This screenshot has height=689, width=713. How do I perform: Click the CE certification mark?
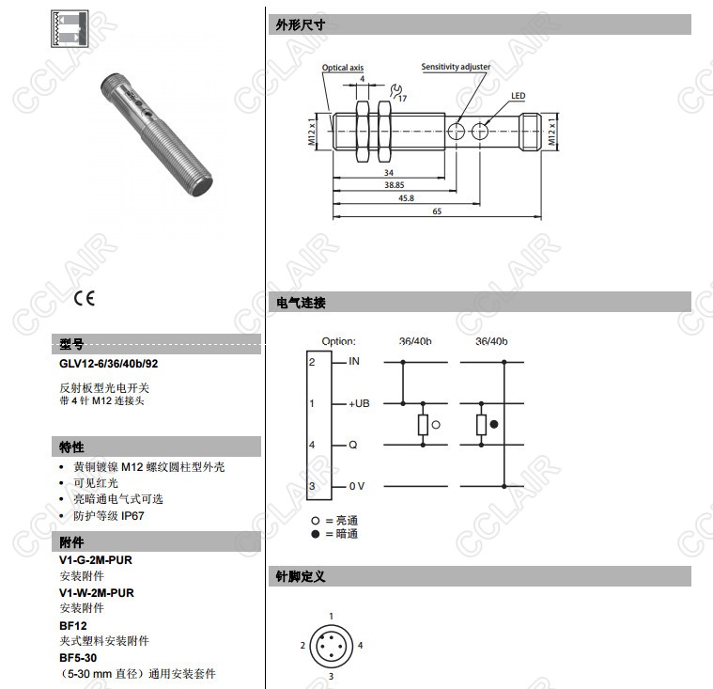pos(85,298)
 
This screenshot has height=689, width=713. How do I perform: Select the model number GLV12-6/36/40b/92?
pos(109,364)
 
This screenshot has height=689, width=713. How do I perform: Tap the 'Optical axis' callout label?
pos(343,68)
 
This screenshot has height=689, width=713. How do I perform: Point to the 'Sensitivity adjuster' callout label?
pos(456,67)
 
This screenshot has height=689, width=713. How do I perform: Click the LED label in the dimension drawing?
pos(518,96)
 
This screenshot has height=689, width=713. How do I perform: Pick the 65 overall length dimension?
pos(437,211)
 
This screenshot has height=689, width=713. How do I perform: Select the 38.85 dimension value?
pos(395,185)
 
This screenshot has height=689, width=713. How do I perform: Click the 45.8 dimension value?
pos(406,198)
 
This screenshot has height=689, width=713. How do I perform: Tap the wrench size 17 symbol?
pos(398,93)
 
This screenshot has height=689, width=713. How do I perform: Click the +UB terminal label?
pos(359,403)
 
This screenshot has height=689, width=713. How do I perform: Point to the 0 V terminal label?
pos(357,486)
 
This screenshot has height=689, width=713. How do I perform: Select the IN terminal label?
pos(354,361)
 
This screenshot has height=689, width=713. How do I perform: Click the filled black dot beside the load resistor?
pos(494,424)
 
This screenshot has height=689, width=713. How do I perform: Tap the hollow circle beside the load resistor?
pos(436,425)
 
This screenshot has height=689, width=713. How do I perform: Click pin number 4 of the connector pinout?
pos(360,646)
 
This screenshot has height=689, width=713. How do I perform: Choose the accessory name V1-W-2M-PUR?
pos(97,593)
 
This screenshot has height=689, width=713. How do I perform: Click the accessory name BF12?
pos(72,626)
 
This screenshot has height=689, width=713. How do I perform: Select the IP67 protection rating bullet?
pos(109,516)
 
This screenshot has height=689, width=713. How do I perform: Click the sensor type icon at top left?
pos(70,29)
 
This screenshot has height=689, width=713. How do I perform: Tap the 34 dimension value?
pos(389,173)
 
